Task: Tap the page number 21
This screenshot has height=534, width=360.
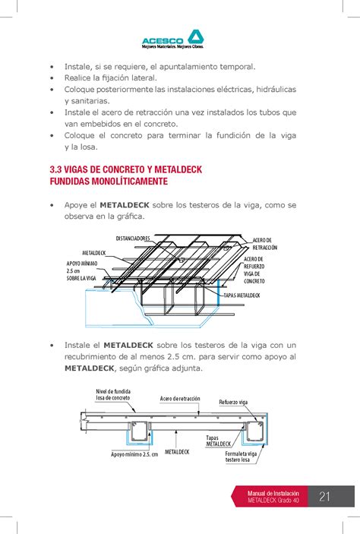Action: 325,498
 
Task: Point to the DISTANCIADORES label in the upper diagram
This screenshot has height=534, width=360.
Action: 133,239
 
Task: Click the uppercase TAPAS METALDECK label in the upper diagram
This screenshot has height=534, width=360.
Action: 242,294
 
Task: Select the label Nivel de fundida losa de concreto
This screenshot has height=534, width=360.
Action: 113,394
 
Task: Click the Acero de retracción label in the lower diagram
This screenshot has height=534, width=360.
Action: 180,398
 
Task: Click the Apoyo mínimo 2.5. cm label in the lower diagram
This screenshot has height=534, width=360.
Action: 134,454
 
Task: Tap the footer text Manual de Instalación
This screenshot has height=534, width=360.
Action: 278,493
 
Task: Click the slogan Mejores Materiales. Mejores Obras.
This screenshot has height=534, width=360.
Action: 175,46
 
